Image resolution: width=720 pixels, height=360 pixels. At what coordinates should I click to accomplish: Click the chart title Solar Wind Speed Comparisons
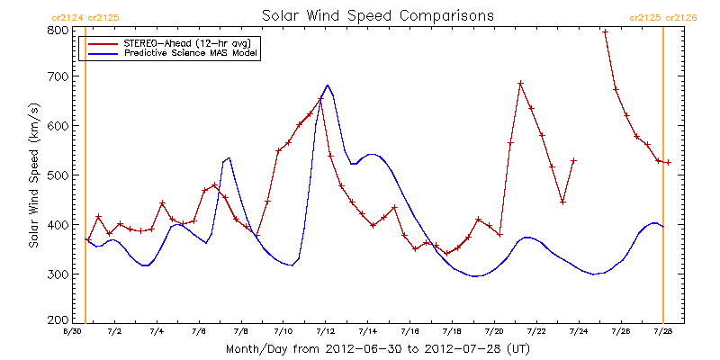click(x=378, y=15)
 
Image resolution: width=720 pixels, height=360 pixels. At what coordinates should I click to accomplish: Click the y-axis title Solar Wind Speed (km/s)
click(x=33, y=175)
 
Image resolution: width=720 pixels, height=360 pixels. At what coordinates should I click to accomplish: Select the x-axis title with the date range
click(x=378, y=347)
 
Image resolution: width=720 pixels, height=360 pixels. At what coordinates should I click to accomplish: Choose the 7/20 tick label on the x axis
click(x=494, y=332)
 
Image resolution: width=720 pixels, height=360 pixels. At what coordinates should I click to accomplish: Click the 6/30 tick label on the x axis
click(x=73, y=332)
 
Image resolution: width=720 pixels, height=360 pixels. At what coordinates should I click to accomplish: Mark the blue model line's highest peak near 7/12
click(x=328, y=85)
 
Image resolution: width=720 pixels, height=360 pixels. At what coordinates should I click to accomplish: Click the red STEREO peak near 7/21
click(x=520, y=84)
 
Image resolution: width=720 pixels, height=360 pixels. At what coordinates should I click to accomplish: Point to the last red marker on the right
click(x=668, y=163)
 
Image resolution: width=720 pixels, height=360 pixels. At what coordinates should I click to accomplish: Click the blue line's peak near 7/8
click(x=229, y=157)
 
